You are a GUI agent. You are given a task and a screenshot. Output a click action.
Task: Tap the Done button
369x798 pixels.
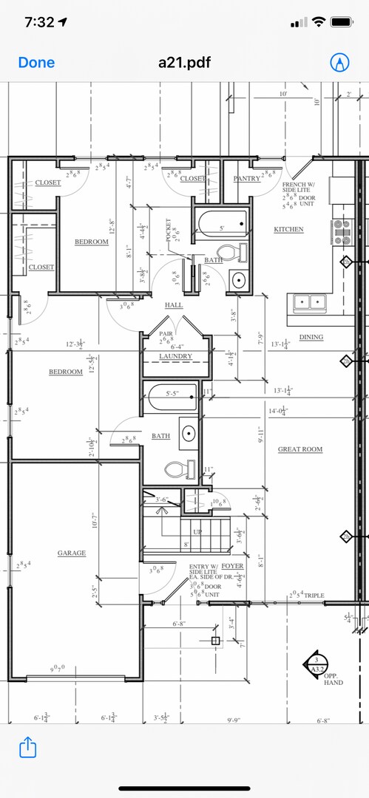tap(36, 63)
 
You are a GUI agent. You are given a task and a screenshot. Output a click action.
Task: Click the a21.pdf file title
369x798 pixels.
tap(184, 63)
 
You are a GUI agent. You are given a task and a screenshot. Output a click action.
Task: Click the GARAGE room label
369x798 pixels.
tap(72, 553)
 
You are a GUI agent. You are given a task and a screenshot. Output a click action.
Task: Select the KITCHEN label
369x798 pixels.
tap(288, 229)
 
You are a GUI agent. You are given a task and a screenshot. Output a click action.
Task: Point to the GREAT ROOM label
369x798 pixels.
tap(299, 449)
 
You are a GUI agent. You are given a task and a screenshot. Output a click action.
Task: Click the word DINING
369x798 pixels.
tap(311, 337)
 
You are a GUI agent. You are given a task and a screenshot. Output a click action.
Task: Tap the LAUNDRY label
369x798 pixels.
tap(175, 356)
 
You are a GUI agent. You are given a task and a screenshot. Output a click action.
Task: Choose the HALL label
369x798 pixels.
tap(174, 304)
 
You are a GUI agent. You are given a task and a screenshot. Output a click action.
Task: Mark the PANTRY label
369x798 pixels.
tap(246, 178)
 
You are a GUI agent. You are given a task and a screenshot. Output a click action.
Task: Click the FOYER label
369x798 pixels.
tap(232, 566)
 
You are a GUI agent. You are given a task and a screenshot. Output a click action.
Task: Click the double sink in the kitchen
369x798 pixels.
tap(311, 301)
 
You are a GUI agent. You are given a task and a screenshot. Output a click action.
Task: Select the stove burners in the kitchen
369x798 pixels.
tap(342, 231)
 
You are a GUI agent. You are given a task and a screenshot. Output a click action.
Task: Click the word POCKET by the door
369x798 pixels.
tap(169, 230)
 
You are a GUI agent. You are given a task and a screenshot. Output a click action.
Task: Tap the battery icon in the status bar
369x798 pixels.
tap(341, 22)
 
